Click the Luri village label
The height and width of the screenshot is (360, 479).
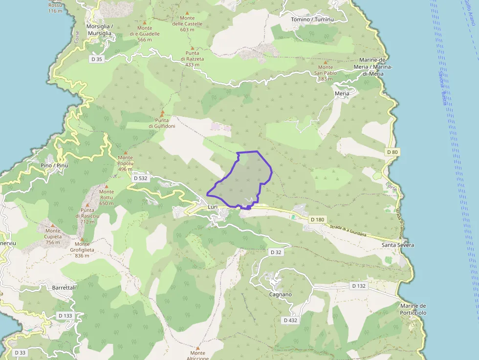[213, 207]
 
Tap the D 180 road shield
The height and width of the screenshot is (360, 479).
[317, 220]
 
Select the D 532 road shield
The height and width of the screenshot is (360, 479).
[140, 178]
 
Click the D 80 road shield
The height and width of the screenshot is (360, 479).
[392, 152]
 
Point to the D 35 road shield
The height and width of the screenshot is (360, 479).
[97, 59]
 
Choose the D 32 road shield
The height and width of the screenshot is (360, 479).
[276, 252]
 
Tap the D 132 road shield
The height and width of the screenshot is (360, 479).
[359, 286]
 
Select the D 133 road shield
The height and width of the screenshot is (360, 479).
[65, 316]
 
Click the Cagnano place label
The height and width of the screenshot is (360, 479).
[281, 295]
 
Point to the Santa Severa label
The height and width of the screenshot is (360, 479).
[398, 245]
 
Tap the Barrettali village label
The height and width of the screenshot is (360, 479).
[64, 288]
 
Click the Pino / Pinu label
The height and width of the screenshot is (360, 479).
[55, 166]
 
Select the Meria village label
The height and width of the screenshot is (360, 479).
[342, 93]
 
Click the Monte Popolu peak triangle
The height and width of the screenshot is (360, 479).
[125, 152]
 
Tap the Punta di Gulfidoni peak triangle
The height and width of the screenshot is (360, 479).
[162, 113]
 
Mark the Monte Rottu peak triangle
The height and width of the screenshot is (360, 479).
[106, 186]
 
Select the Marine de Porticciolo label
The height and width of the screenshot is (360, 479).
[413, 309]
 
